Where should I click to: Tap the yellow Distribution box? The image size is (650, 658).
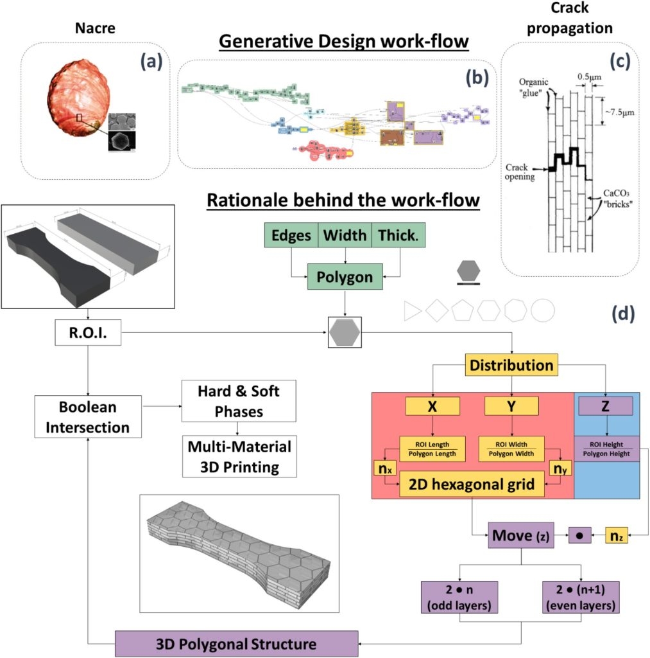511,366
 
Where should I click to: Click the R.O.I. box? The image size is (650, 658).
88,333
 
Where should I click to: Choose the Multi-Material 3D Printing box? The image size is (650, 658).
239,456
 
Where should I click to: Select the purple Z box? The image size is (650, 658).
606,405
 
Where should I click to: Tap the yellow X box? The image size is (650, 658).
432,405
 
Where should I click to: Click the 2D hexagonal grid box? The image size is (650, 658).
472,484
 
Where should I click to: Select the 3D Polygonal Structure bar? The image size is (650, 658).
236,643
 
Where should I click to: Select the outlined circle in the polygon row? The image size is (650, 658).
542,310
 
